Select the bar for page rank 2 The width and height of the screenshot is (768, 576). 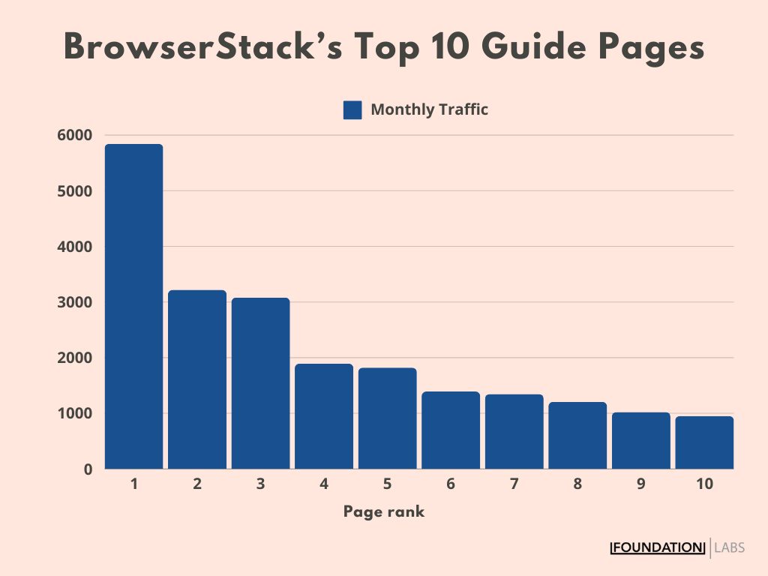coord(197,379)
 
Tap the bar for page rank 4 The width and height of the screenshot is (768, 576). coord(324,416)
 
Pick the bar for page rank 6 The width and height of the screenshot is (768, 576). coord(451,430)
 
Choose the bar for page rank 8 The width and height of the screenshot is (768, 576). coord(577,436)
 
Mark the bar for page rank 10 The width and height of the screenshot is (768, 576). coord(704,442)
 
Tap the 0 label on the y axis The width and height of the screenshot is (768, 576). coord(88,469)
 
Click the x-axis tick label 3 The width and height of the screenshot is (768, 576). coord(260,484)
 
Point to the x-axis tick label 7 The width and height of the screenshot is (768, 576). coord(514,484)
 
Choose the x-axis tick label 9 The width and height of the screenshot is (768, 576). coord(640,484)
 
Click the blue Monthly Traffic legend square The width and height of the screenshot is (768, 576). coord(352,110)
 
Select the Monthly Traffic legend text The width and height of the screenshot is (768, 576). coord(429,109)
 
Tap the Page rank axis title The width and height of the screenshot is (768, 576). coord(384,512)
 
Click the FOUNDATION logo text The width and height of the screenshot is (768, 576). coord(658,548)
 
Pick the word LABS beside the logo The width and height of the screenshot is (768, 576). coord(730,548)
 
